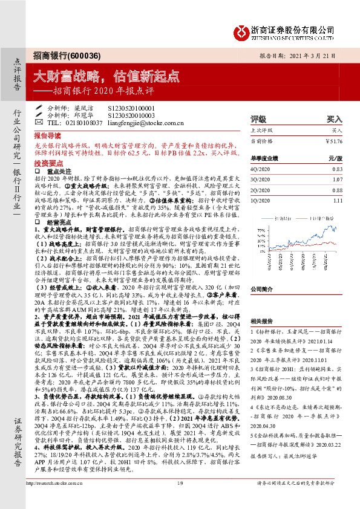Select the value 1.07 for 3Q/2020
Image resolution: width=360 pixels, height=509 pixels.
pyautogui.click(x=336, y=179)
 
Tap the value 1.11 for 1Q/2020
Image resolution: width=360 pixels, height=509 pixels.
pyautogui.click(x=336, y=199)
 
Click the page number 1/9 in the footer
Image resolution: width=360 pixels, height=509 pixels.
pyautogui.click(x=180, y=500)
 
